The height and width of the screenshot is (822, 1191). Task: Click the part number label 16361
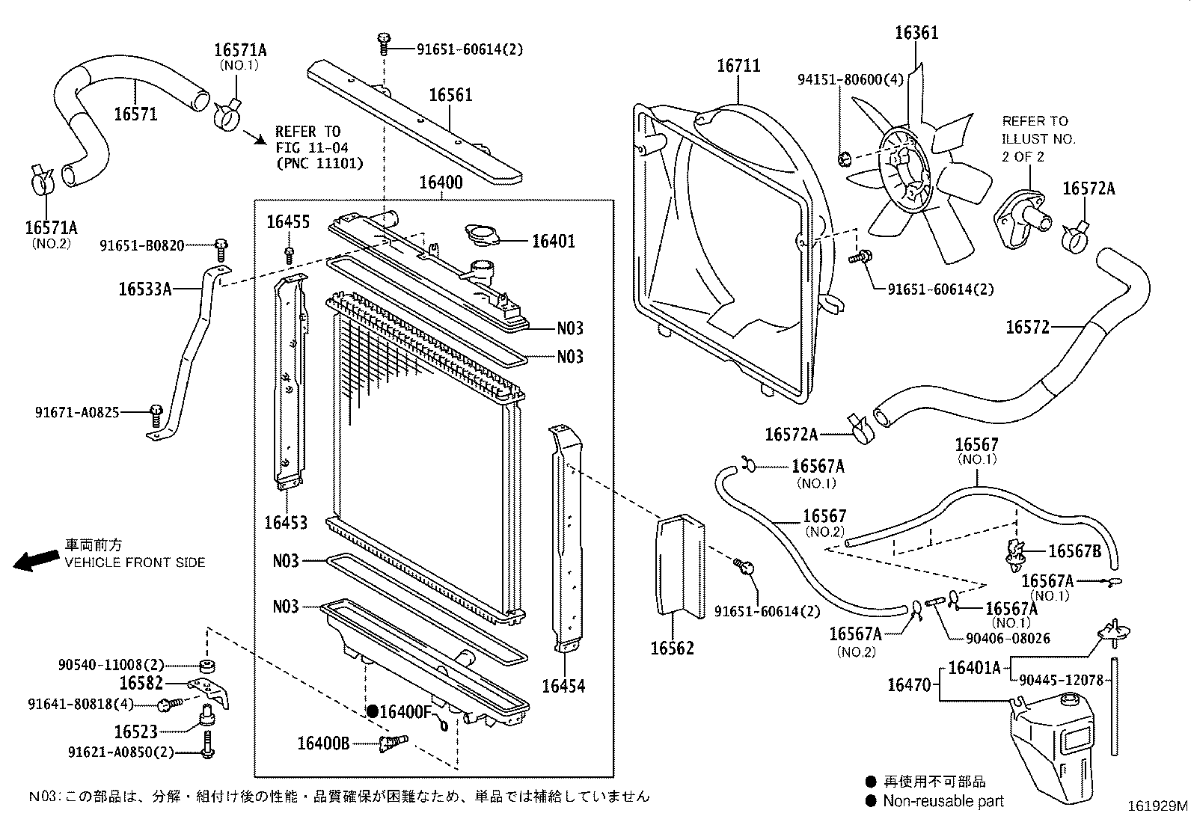pyautogui.click(x=916, y=32)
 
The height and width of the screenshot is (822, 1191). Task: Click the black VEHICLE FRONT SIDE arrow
pyautogui.click(x=36, y=560)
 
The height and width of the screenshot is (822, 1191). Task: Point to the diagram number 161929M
pyautogui.click(x=1157, y=806)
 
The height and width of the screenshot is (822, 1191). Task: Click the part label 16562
pyautogui.click(x=671, y=648)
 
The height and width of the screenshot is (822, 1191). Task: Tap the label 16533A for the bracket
pyautogui.click(x=144, y=288)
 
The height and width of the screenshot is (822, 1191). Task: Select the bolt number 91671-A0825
pyautogui.click(x=76, y=412)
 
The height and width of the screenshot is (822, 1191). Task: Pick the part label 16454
pyautogui.click(x=563, y=686)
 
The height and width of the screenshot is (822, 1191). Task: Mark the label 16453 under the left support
pyautogui.click(x=285, y=522)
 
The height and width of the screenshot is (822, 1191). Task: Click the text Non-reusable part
pyautogui.click(x=943, y=801)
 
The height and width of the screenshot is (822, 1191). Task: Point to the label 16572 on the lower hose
pyautogui.click(x=1027, y=327)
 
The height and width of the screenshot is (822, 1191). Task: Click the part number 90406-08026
pyautogui.click(x=998, y=638)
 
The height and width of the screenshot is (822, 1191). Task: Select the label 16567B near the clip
pyautogui.click(x=1074, y=551)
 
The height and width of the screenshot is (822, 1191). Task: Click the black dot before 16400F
pyautogui.click(x=372, y=711)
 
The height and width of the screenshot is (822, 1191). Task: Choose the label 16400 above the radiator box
pyautogui.click(x=440, y=183)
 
